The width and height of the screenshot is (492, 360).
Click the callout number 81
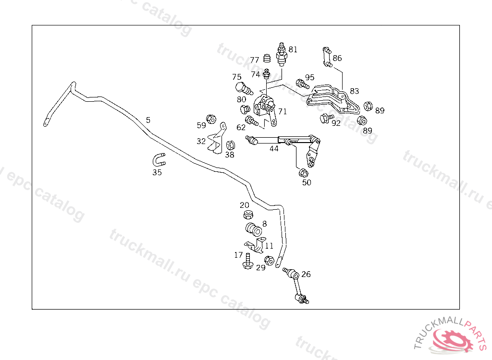[293, 49]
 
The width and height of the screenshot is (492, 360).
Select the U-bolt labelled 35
[159, 160]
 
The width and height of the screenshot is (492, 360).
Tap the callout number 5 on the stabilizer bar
[148, 120]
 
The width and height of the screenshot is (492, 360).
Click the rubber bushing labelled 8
[253, 229]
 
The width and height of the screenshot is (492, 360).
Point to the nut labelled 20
[248, 215]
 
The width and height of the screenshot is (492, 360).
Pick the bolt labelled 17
[248, 261]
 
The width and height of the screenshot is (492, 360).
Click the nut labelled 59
[210, 119]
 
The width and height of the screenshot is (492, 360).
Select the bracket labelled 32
[218, 140]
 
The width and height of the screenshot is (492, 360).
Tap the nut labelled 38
[230, 144]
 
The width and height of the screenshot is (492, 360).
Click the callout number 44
[274, 149]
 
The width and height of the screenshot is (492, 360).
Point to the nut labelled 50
[303, 173]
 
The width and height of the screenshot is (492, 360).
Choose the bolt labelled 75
[243, 88]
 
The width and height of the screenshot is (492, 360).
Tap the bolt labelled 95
[302, 84]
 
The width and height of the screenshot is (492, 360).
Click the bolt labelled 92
[325, 118]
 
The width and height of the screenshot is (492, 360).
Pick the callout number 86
[337, 58]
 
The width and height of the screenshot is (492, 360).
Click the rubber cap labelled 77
[268, 60]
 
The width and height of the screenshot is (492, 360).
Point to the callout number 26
[306, 275]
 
